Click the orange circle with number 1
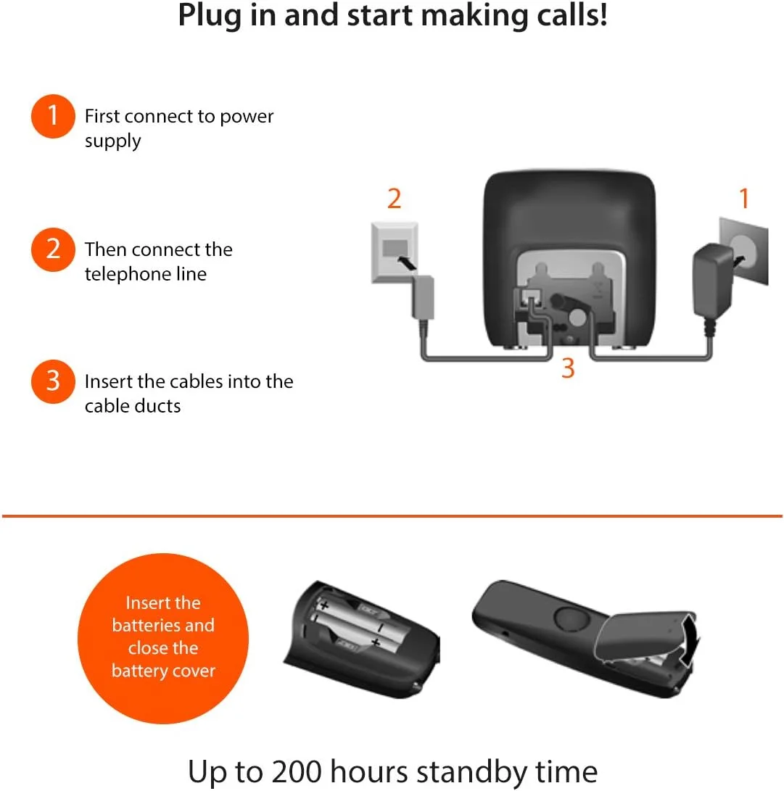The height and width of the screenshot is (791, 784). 53,116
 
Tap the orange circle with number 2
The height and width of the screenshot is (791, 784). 53,249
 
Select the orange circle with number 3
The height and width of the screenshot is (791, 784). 53,381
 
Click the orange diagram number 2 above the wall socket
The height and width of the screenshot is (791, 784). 394,199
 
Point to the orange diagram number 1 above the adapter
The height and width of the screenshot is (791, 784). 743,199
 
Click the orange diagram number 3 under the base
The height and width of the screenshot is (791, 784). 568,368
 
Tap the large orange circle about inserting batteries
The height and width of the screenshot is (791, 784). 163,637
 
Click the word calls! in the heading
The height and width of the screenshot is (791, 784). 571,16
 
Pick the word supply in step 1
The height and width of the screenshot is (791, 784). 112,141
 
